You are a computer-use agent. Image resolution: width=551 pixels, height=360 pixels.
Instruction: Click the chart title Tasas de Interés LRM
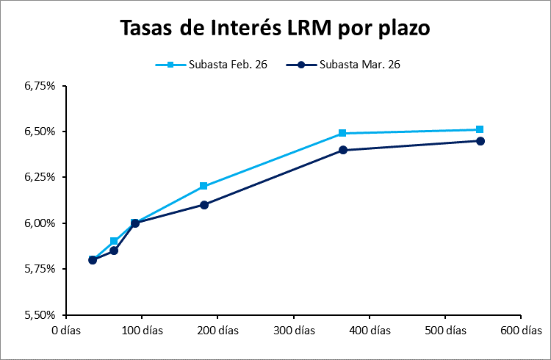(275, 29)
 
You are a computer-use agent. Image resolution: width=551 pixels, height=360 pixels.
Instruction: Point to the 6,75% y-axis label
(40, 86)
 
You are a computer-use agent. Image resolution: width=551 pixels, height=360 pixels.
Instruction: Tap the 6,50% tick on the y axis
(40, 132)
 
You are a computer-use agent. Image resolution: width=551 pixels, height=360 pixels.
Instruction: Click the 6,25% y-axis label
(40, 177)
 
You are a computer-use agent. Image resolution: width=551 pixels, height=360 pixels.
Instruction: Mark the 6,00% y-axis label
(40, 223)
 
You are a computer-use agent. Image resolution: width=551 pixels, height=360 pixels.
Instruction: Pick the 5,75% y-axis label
(40, 269)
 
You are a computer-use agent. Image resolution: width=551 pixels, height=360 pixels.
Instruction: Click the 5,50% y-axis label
(40, 314)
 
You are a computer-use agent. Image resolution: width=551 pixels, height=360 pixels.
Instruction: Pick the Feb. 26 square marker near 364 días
(342, 133)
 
